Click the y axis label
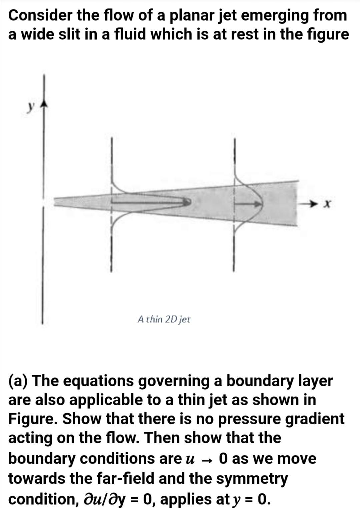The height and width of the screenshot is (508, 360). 31,107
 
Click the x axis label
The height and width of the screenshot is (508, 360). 328,203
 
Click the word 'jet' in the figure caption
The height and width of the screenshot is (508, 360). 185,319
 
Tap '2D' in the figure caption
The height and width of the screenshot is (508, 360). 171,319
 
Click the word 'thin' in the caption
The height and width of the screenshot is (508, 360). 154,319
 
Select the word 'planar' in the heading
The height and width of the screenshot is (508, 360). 187,16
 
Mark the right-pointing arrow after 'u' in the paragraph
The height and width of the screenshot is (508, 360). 208,459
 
